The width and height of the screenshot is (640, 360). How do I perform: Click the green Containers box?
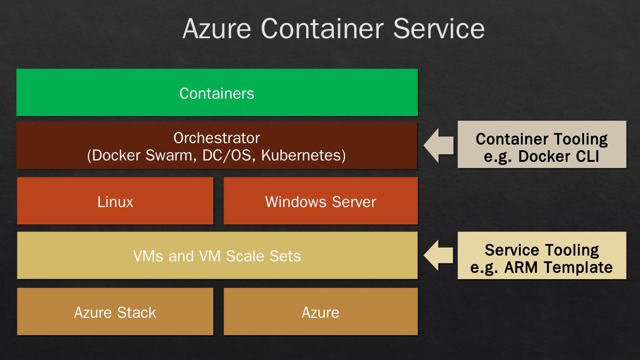click(217, 92)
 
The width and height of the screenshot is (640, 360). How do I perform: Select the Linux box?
click(115, 201)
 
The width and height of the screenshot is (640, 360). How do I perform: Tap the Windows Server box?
click(320, 201)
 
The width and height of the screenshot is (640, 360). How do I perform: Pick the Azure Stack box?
click(115, 312)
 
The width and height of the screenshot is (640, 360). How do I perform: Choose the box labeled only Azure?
click(320, 312)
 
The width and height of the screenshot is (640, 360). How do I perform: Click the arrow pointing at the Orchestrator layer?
click(438, 145)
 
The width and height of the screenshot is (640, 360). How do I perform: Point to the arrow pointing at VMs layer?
click(438, 256)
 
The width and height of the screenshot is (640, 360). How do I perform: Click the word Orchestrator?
click(216, 138)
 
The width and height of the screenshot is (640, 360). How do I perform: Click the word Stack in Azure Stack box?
click(136, 312)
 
